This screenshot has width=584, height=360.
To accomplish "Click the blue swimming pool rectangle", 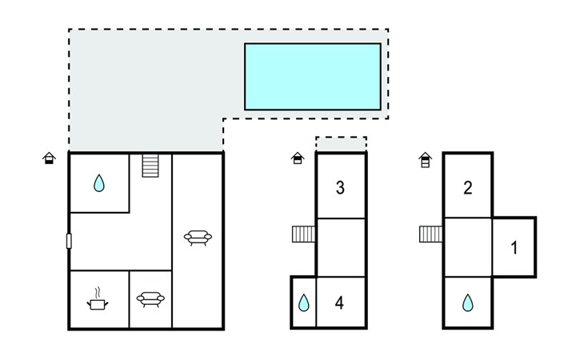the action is point(313,77).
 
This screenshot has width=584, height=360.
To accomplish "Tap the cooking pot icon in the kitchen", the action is point(98,299).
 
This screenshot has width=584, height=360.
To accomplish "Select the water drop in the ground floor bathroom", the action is point(99,183).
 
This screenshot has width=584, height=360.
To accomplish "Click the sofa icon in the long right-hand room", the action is point(198,238).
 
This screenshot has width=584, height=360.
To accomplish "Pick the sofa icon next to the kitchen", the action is point(150,299).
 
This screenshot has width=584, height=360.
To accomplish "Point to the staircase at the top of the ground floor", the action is point(150,166).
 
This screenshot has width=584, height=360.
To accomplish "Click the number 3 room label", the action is point(340,188).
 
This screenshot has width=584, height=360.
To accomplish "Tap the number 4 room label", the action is point(339,303).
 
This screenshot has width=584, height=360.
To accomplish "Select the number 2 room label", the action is point(468,188).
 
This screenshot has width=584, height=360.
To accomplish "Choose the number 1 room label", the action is point(514,248).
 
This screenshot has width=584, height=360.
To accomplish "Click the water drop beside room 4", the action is point(304,302).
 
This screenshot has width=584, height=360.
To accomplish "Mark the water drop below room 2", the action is point(468,302).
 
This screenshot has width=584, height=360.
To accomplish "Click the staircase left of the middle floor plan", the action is point(303,234).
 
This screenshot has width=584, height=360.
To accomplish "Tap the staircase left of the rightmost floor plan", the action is point(431,234).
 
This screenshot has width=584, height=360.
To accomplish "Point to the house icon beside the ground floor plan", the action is point(49,158).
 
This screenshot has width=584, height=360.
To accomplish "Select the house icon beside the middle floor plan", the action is point(298,158).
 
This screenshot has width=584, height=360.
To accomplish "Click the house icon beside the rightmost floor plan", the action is point(426,160).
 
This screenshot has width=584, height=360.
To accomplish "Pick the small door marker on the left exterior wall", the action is point(69,241).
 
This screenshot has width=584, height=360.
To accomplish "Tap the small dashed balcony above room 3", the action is point(341,144).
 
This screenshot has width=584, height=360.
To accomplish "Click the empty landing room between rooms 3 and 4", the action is point(341,247).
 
